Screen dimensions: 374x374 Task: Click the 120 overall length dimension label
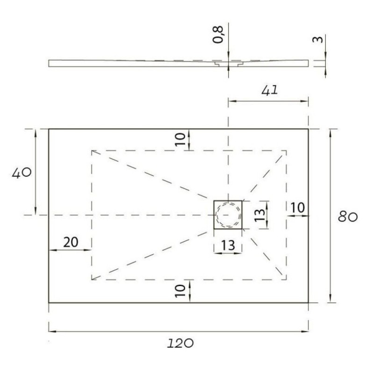click(x=180, y=344)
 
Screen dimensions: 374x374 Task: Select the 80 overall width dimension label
click(x=348, y=217)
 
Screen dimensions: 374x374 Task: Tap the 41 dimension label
click(x=270, y=91)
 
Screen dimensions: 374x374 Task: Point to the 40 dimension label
click(x=22, y=173)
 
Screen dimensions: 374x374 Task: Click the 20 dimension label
click(x=71, y=242)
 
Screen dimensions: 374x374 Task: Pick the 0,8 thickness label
click(x=218, y=35)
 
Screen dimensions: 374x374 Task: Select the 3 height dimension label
click(x=318, y=39)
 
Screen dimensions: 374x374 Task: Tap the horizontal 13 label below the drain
click(x=228, y=245)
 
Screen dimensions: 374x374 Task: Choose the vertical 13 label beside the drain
click(x=260, y=215)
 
